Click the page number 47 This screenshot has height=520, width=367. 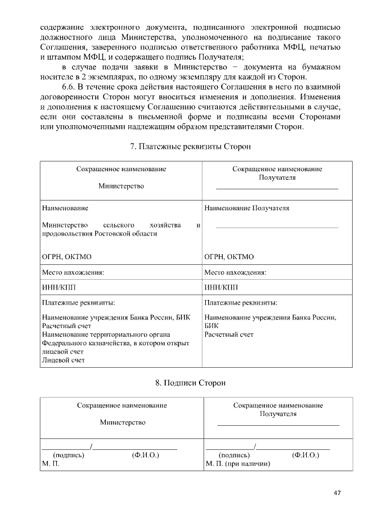click(337, 492)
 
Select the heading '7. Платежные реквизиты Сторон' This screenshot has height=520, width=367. click(190, 147)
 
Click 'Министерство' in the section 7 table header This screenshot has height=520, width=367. click(121, 186)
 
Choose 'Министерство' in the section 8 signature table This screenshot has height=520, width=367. click(122, 422)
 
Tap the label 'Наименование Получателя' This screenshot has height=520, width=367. click(247, 208)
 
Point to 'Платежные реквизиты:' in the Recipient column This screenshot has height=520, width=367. click(241, 302)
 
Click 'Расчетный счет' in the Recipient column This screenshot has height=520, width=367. click(229, 334)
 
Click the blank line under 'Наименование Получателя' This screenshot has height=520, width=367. click(277, 228)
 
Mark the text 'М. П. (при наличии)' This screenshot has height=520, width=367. click(237, 463)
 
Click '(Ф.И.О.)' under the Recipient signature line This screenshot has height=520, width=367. click(305, 454)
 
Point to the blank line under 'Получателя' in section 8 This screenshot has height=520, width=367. click(278, 425)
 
